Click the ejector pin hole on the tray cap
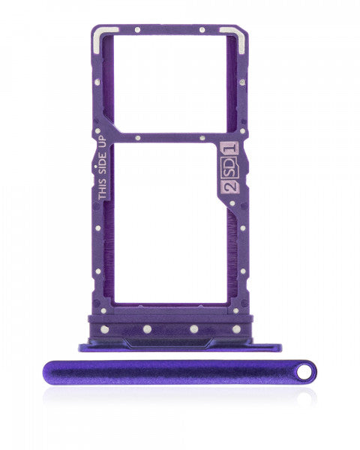pos(304,370)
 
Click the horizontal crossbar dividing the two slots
pos(169,137)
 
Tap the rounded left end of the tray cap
pos(49,372)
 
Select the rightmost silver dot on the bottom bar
pos(235,328)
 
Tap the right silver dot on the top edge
pos(201,31)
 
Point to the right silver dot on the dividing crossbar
pos(202,137)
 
